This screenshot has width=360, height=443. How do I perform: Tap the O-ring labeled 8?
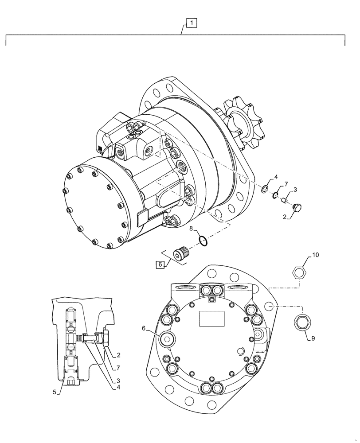pyautogui.click(x=202, y=241)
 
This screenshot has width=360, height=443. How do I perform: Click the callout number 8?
pyautogui.click(x=191, y=229)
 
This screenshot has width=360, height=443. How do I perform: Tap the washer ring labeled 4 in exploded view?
pyautogui.click(x=264, y=189)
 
